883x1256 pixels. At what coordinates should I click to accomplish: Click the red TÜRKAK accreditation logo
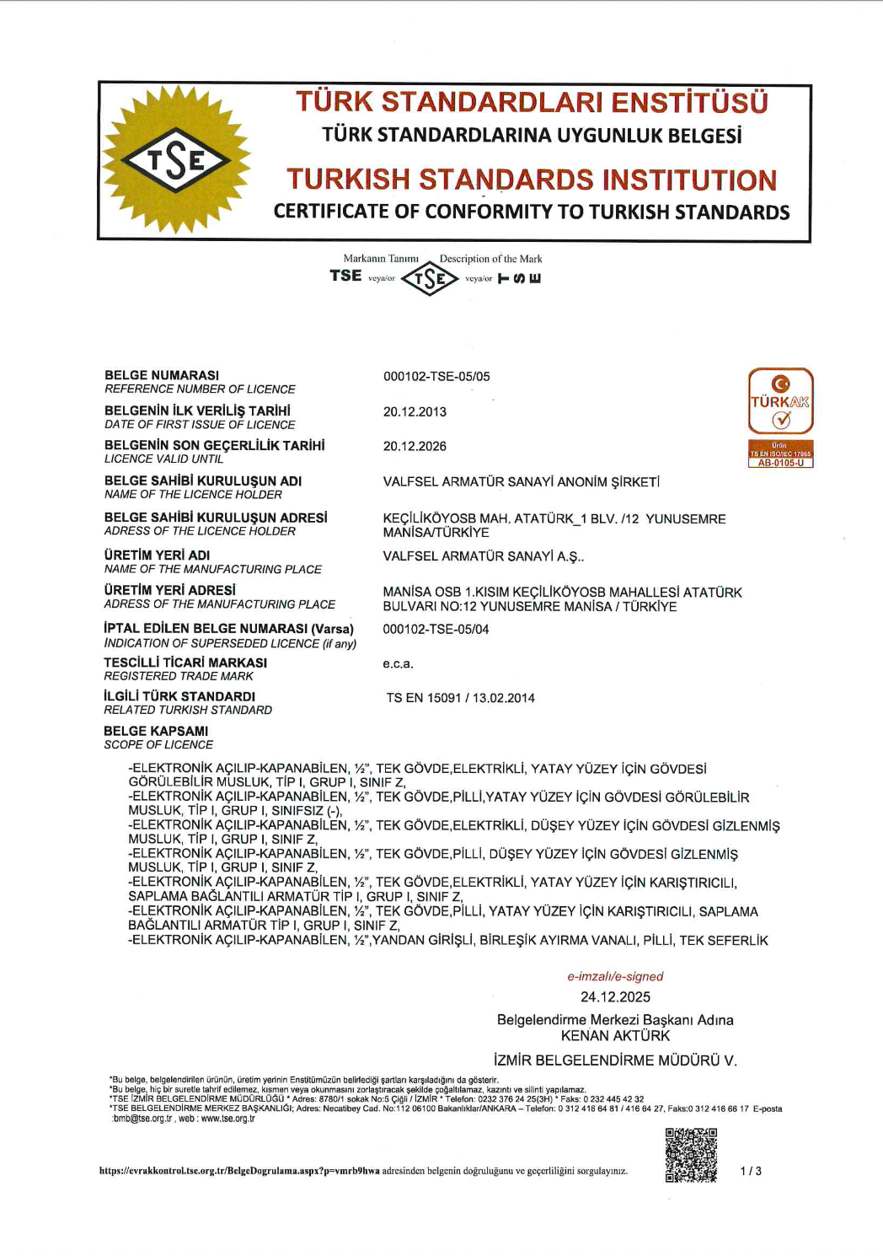780,401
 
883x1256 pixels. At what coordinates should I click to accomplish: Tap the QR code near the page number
691,1155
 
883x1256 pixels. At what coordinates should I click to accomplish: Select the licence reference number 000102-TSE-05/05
436,376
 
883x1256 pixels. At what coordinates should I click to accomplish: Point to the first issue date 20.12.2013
415,411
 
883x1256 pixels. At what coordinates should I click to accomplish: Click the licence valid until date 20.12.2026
415,446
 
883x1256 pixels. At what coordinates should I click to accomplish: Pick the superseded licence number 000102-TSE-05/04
436,629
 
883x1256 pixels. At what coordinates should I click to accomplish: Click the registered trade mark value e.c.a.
398,663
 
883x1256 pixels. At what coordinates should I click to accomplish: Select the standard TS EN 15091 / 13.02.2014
460,697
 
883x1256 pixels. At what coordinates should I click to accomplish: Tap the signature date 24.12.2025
615,996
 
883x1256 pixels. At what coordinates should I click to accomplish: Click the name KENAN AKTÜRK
615,1035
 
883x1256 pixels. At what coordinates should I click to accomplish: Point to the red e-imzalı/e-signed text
615,976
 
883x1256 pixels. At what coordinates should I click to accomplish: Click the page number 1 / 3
751,1171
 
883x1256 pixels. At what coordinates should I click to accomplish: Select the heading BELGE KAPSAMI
156,731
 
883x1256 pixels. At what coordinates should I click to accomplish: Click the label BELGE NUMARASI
162,375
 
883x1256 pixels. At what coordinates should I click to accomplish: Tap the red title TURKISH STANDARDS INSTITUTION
531,180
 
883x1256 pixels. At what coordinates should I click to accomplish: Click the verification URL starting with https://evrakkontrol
239,1171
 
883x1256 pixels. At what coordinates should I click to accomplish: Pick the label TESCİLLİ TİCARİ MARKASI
185,663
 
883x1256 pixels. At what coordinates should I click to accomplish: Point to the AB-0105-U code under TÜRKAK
780,463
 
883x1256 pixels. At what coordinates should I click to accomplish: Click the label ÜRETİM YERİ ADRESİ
170,590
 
